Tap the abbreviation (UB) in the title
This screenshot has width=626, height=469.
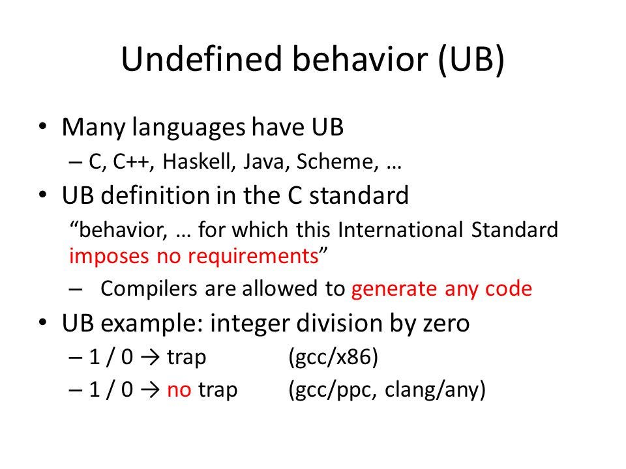click(471, 60)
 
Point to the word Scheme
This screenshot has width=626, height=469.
click(337, 162)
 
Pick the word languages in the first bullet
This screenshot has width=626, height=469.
click(188, 128)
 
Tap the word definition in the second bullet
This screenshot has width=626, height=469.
click(155, 195)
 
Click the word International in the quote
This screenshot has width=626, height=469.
click(400, 230)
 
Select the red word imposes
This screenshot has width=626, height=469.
click(108, 257)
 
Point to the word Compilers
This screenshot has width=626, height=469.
click(149, 289)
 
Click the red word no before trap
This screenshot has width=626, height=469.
click(179, 390)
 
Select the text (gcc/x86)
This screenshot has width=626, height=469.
click(333, 357)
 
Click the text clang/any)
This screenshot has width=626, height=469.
click(435, 390)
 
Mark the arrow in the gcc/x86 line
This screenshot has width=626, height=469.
click(150, 358)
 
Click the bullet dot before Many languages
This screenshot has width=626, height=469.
click(43, 128)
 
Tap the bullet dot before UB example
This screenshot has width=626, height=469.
click(43, 322)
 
